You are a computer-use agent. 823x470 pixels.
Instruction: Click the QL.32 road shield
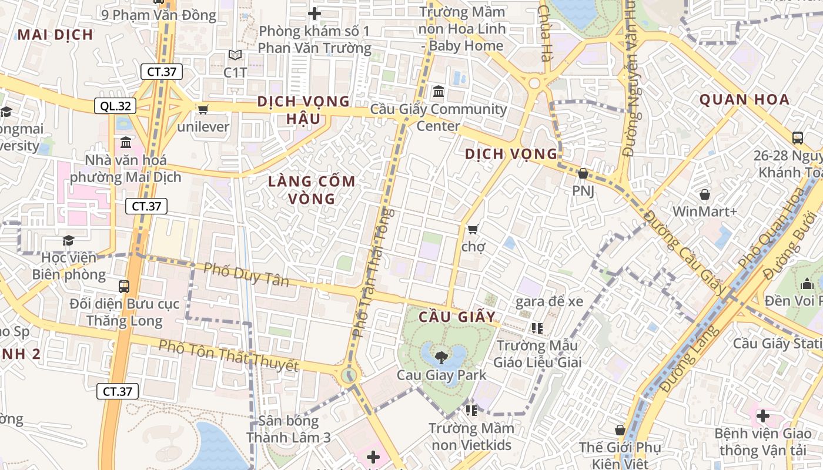(x=115, y=106)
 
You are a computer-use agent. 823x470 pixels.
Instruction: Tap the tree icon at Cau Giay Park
(x=441, y=357)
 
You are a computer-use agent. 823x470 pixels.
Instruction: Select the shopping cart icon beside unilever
(x=203, y=109)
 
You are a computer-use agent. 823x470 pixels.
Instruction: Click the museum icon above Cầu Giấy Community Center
(x=438, y=92)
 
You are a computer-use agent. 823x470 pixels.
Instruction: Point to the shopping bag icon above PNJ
(x=583, y=173)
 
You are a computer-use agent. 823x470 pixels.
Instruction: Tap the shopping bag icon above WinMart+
(x=704, y=194)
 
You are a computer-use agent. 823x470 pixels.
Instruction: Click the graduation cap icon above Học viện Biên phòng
(x=69, y=240)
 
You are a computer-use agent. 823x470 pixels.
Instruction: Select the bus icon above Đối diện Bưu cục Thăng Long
(x=124, y=287)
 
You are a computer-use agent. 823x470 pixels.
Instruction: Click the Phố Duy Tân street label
(x=246, y=275)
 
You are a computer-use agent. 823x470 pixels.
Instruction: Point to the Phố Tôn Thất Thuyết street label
(x=228, y=355)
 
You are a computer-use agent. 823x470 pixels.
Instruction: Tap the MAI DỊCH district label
(x=55, y=35)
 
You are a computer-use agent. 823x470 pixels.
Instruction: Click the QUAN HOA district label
(x=744, y=99)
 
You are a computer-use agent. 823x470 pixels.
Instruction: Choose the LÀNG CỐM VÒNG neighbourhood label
(x=312, y=190)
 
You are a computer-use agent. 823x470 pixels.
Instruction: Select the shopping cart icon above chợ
(x=473, y=229)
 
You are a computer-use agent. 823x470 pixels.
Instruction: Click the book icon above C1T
(x=235, y=55)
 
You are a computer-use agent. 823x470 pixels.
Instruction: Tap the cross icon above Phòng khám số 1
(x=315, y=13)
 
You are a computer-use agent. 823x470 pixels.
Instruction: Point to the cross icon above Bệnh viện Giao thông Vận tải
(x=763, y=416)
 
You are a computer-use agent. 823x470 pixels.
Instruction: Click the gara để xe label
(x=549, y=302)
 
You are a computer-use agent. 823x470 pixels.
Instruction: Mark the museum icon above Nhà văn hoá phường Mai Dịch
(x=126, y=143)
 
